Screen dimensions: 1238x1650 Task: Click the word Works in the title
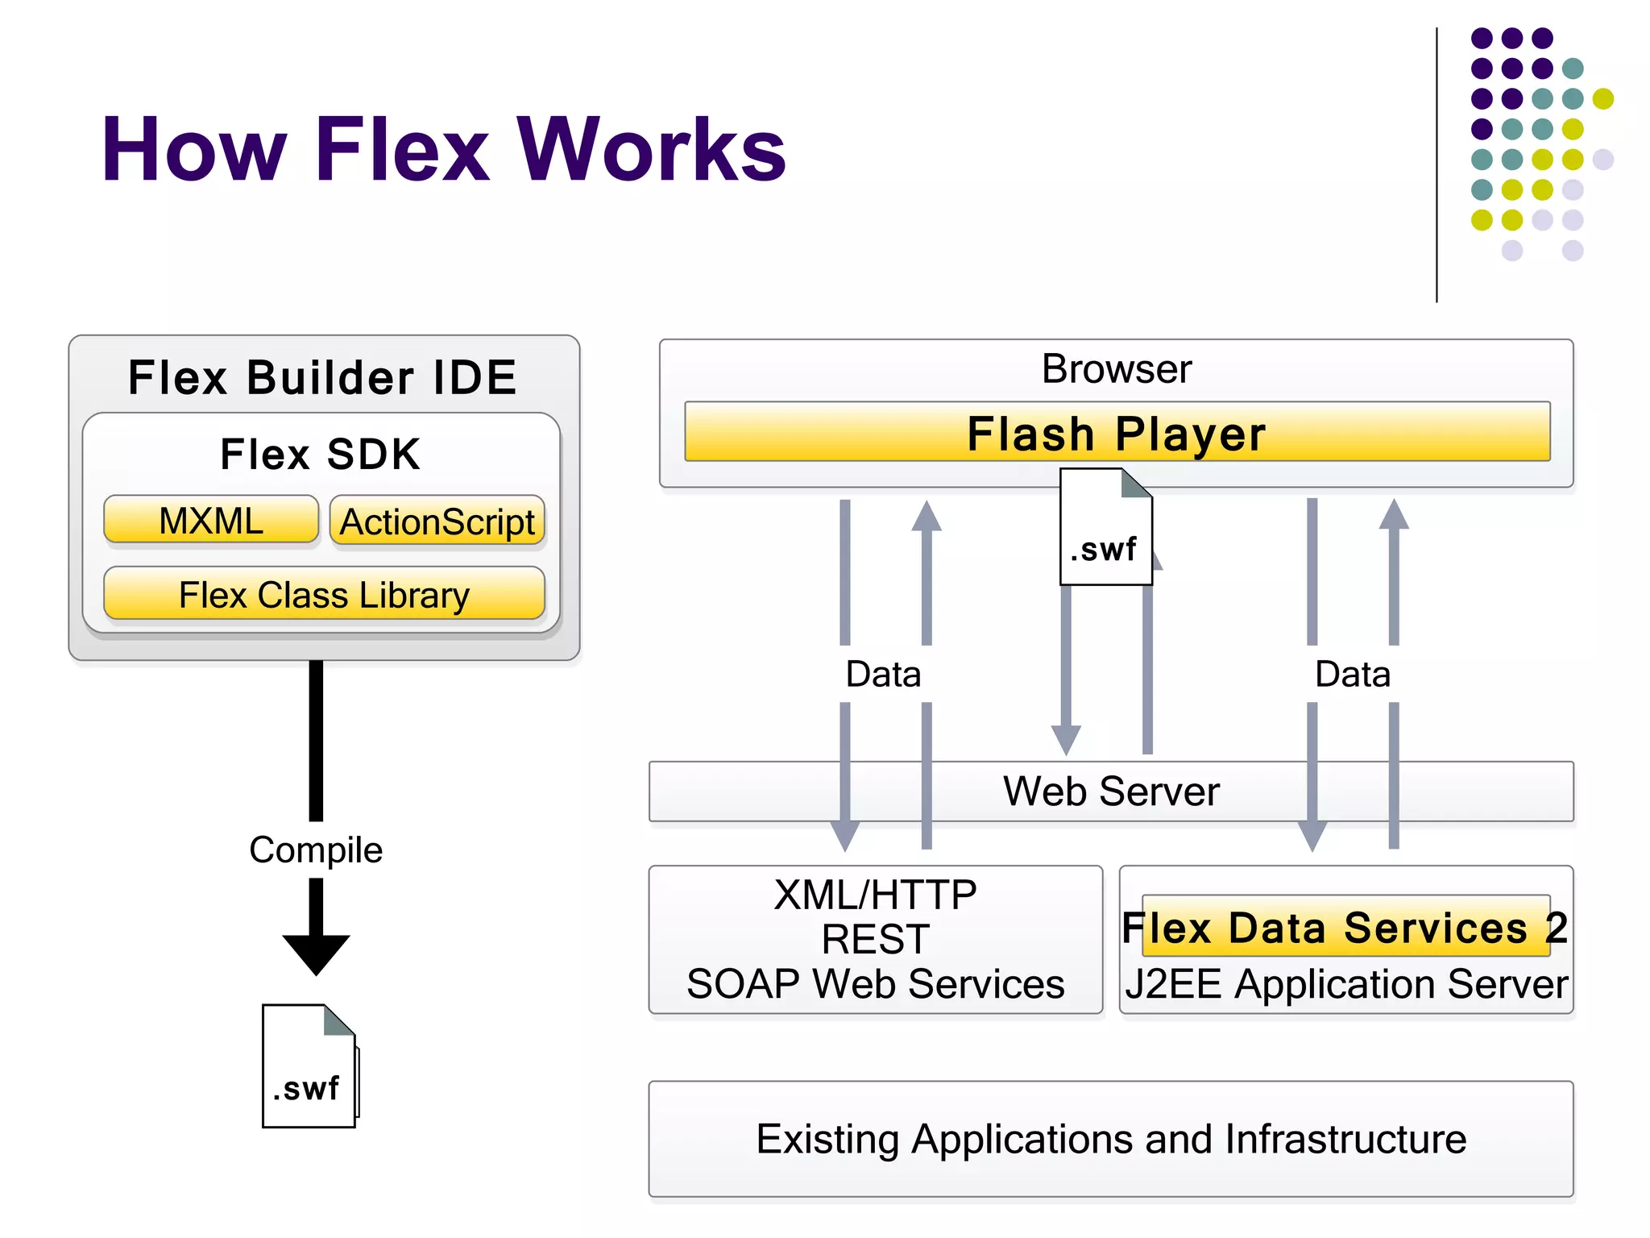click(651, 150)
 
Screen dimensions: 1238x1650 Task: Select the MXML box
click(211, 520)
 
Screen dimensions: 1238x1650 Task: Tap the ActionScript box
click(437, 521)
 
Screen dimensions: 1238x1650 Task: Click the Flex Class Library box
click(324, 595)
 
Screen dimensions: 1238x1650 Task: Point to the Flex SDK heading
click(321, 454)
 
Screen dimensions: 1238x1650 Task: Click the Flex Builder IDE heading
click(322, 377)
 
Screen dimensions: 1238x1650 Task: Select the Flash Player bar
click(1117, 434)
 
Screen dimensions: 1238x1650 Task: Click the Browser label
click(1117, 369)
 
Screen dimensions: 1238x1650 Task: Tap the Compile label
click(316, 850)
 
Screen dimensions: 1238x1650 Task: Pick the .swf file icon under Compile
click(309, 1066)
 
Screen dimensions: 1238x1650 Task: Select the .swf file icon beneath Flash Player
click(1105, 528)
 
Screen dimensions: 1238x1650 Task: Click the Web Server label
click(1111, 791)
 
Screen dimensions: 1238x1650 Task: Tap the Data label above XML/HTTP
click(883, 674)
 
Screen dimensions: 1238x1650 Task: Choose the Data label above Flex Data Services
click(1353, 674)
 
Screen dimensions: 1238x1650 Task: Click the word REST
click(876, 939)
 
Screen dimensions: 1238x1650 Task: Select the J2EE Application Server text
click(1345, 984)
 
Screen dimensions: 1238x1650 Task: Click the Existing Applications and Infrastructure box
click(1111, 1139)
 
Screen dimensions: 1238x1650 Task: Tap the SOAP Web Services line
click(876, 984)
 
